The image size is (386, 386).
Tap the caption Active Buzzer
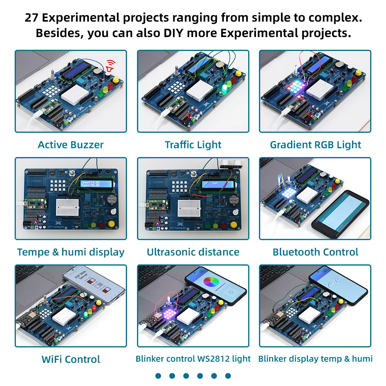(x=71, y=145)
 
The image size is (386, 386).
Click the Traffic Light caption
(x=193, y=145)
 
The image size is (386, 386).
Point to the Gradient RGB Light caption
(x=315, y=145)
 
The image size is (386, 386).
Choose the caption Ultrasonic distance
(x=193, y=252)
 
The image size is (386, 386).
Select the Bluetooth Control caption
(x=315, y=252)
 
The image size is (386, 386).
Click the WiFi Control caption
(x=71, y=359)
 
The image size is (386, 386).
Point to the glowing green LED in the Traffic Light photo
(x=224, y=90)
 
